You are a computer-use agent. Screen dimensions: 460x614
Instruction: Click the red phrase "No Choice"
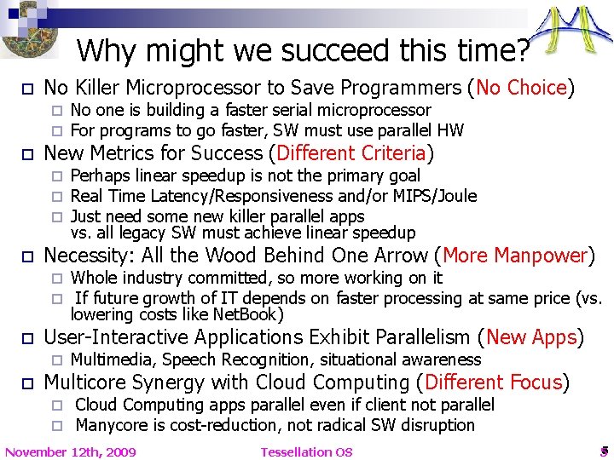[x=522, y=88]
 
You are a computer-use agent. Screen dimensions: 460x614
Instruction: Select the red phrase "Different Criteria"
[x=350, y=153]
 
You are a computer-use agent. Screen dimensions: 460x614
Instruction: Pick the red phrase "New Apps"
[x=530, y=337]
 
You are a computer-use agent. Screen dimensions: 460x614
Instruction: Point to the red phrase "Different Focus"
[x=494, y=382]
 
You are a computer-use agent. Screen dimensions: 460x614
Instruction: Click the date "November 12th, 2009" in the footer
[x=71, y=451]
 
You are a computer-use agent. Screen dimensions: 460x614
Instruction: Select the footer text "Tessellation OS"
[x=306, y=451]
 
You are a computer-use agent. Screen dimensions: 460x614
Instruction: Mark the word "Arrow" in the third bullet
[x=397, y=256]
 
